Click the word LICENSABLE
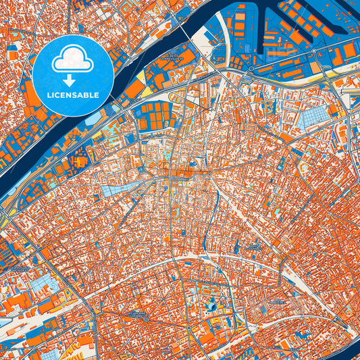click(72, 95)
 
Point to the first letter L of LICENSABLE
click(49, 95)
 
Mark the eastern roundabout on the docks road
click(251, 68)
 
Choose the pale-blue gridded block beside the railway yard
click(41, 284)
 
